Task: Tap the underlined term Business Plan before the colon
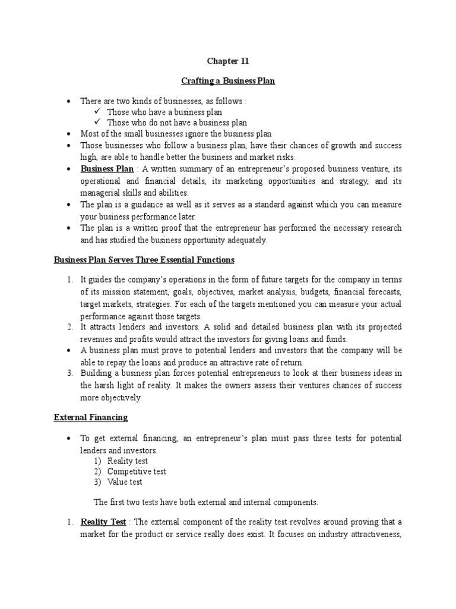pos(107,169)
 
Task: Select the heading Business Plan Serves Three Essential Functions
pos(144,260)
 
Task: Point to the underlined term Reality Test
pos(103,522)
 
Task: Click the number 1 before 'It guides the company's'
pos(69,280)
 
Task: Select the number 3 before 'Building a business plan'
pos(69,373)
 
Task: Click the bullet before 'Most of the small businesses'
pos(69,134)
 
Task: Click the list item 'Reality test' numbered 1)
pos(128,460)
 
